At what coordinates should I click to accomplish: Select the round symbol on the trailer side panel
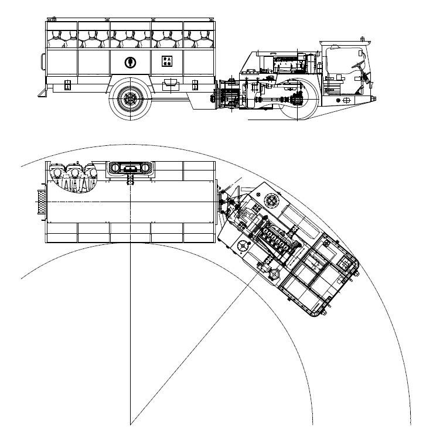pyautogui.click(x=129, y=62)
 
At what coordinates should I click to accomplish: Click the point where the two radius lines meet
pyautogui.click(x=130, y=422)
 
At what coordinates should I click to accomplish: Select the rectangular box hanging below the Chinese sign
pyautogui.click(x=172, y=86)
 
